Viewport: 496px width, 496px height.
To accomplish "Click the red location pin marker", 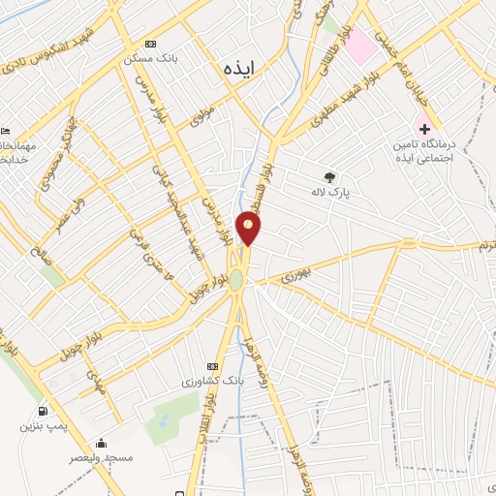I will (249, 229).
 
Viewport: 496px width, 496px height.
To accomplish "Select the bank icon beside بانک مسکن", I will (150, 45).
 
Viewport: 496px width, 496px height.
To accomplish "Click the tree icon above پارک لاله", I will (329, 177).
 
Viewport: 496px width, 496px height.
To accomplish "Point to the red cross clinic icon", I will (423, 128).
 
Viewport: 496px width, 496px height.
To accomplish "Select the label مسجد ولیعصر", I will (101, 456).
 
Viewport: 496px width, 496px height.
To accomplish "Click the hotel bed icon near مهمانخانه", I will (6, 132).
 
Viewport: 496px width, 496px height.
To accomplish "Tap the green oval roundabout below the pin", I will (236, 279).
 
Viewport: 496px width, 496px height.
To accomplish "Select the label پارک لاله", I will (329, 193).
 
